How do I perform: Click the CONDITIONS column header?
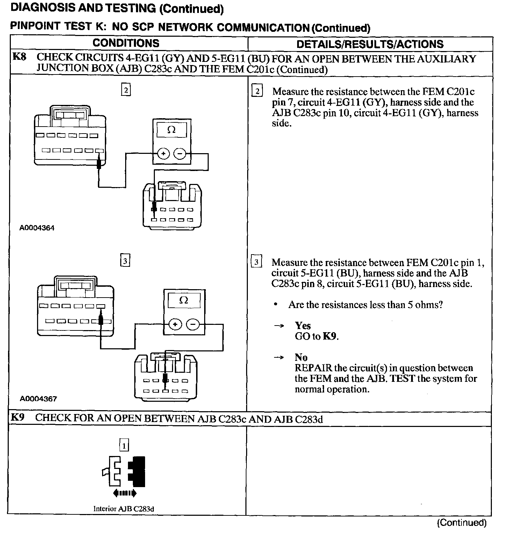(x=126, y=43)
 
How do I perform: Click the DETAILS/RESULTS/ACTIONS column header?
(x=370, y=44)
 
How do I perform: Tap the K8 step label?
(x=19, y=57)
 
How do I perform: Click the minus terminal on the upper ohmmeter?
(x=180, y=154)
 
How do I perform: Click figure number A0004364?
(x=37, y=228)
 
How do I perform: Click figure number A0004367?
(x=38, y=399)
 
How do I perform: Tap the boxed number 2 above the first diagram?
(x=126, y=90)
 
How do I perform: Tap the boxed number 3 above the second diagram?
(x=125, y=261)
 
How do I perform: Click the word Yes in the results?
(x=303, y=326)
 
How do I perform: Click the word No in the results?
(x=301, y=357)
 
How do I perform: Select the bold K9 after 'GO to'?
(x=330, y=336)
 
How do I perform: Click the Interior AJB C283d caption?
(x=123, y=509)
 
